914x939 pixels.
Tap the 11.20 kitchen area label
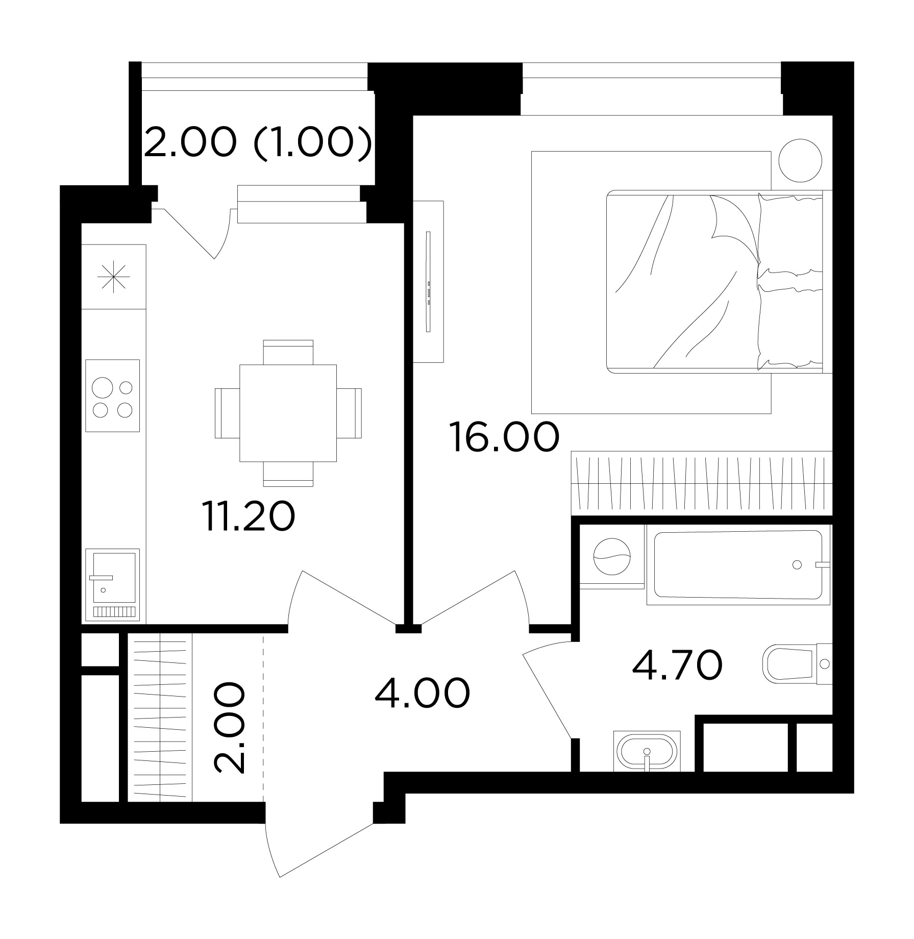click(249, 516)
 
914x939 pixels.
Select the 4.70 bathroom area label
click(677, 665)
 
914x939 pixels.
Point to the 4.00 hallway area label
click(422, 694)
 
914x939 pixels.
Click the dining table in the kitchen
click(288, 413)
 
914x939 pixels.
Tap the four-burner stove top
click(112, 396)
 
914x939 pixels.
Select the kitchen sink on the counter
click(112, 585)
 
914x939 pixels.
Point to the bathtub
click(738, 564)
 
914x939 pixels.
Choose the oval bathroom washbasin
click(647, 751)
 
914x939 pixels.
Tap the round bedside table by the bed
click(801, 160)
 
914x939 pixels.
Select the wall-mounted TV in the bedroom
click(429, 282)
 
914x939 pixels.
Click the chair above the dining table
click(288, 352)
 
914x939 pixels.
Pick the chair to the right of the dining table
click(349, 413)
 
